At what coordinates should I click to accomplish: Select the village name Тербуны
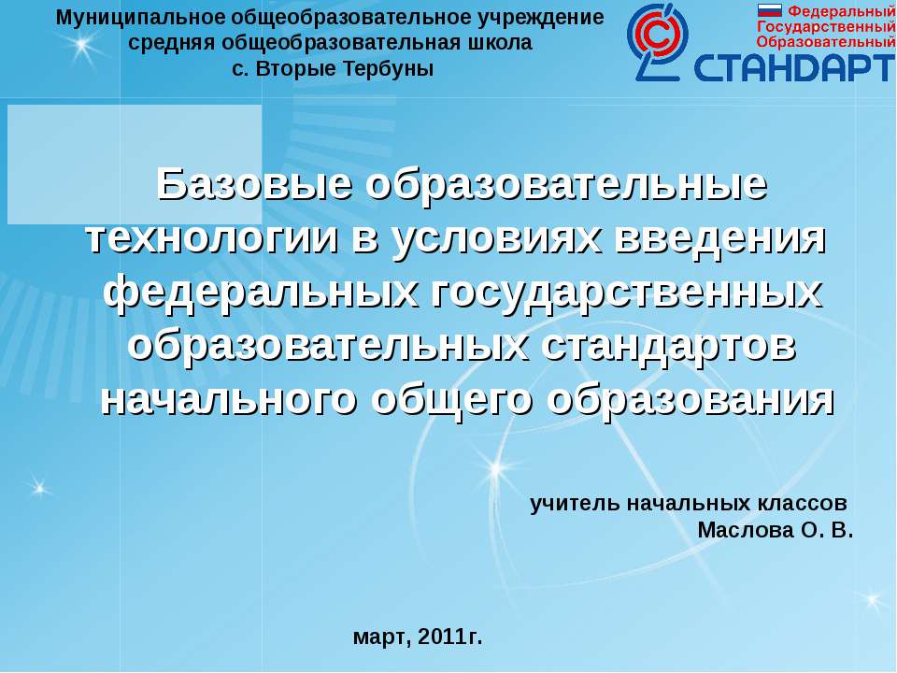pyautogui.click(x=389, y=68)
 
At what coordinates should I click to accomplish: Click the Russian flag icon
pyautogui.click(x=769, y=10)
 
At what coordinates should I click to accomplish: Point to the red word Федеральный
pyautogui.click(x=841, y=11)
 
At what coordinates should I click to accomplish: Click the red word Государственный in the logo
pyautogui.click(x=826, y=27)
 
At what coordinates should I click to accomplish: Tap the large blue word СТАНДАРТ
pyautogui.click(x=794, y=67)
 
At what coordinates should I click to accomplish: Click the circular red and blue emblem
pyautogui.click(x=658, y=42)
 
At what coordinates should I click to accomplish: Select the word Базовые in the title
pyautogui.click(x=254, y=184)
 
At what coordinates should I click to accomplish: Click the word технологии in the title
pyautogui.click(x=212, y=238)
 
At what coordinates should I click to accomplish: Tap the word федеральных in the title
pyautogui.click(x=261, y=293)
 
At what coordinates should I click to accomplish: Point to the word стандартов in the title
pyautogui.click(x=668, y=346)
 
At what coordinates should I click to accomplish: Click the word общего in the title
pyautogui.click(x=451, y=401)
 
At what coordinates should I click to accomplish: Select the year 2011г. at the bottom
pyautogui.click(x=450, y=637)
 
